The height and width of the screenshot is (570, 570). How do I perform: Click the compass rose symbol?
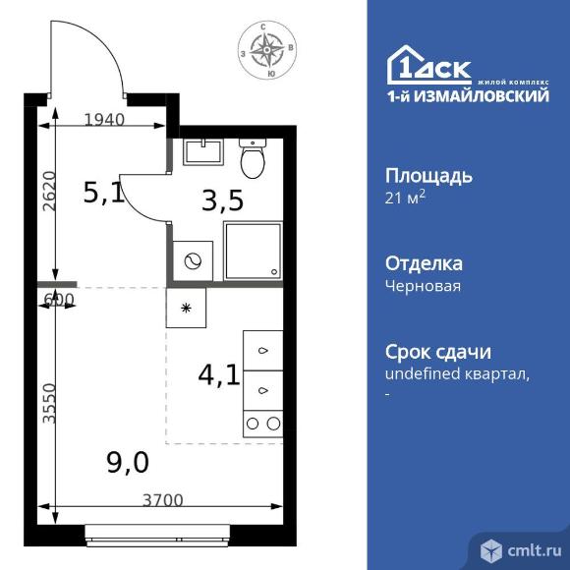[267, 49]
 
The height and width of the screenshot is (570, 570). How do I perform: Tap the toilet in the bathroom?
[253, 158]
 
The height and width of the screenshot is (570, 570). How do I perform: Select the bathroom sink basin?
[202, 152]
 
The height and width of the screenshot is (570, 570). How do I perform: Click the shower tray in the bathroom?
[253, 252]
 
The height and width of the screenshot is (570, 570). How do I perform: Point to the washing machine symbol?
[193, 260]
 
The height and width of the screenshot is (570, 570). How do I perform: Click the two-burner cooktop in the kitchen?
[262, 424]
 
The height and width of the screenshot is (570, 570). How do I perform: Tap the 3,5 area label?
[222, 200]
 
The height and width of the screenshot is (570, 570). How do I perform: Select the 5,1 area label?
[104, 193]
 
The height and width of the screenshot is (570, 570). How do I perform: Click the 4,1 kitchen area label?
[219, 375]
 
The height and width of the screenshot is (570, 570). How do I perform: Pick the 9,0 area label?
[128, 463]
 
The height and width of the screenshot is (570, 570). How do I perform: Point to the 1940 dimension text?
[104, 120]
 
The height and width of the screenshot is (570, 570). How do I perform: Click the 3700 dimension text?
[162, 500]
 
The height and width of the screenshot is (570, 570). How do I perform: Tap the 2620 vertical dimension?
[49, 191]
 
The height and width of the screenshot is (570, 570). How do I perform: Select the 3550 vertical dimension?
[49, 403]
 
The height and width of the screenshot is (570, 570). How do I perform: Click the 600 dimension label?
[59, 299]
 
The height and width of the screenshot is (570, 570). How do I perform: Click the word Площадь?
[428, 176]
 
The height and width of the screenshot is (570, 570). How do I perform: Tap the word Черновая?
[424, 286]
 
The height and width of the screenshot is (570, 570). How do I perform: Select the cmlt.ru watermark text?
[535, 550]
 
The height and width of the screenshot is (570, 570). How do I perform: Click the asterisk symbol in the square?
[186, 309]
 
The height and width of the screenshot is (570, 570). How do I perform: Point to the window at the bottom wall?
[157, 536]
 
